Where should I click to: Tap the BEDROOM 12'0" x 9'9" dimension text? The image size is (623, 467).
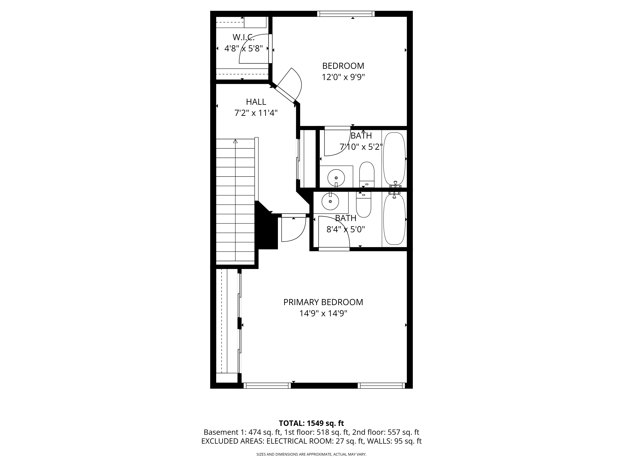pyautogui.click(x=343, y=77)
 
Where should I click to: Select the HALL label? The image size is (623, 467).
pyautogui.click(x=256, y=102)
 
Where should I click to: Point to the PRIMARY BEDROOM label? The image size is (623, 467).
pyautogui.click(x=323, y=302)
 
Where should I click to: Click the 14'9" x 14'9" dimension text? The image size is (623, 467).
pyautogui.click(x=323, y=313)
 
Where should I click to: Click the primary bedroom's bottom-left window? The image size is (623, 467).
pyautogui.click(x=267, y=386)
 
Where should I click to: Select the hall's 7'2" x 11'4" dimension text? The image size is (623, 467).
pyautogui.click(x=256, y=113)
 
